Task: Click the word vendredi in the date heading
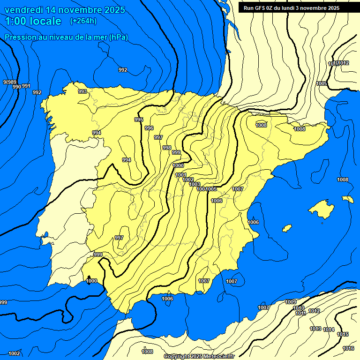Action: [x=25, y=10]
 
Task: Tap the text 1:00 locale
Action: [x=33, y=21]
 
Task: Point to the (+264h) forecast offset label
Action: [x=83, y=21]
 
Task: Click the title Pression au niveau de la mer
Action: [x=66, y=37]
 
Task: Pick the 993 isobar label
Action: [x=82, y=91]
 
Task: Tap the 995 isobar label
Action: [x=139, y=120]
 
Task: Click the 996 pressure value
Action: [x=149, y=128]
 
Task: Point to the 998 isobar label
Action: [x=166, y=148]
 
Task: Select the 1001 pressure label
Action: [x=180, y=175]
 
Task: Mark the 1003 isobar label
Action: [x=195, y=184]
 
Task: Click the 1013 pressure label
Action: [x=315, y=329]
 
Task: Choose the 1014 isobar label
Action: [x=329, y=330]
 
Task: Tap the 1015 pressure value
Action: [x=343, y=334]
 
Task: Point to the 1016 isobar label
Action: [x=348, y=348]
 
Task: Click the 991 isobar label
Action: [x=26, y=86]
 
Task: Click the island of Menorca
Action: [x=348, y=199]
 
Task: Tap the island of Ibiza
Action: [x=287, y=228]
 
